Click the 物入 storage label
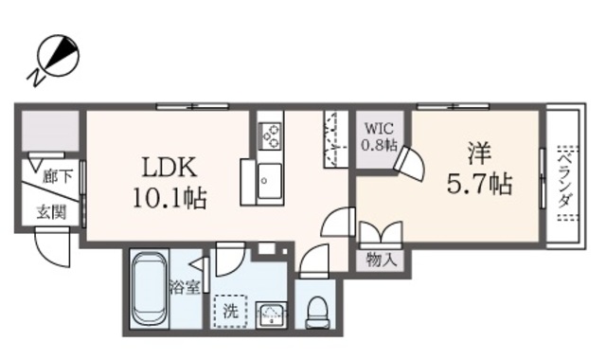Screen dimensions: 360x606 pyautogui.click(x=381, y=260)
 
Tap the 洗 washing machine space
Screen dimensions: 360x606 pyautogui.click(x=230, y=309)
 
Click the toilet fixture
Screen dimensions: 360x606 pyautogui.click(x=318, y=308)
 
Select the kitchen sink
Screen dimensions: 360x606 pyautogui.click(x=269, y=179)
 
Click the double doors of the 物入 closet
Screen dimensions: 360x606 pyautogui.click(x=381, y=233)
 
